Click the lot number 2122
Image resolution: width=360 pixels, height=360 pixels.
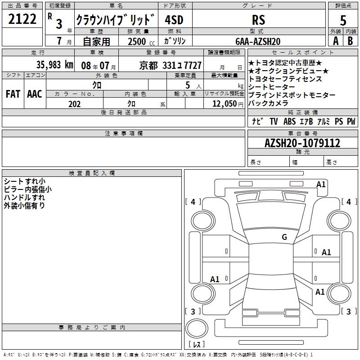22,19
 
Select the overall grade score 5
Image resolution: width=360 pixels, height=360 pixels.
343,20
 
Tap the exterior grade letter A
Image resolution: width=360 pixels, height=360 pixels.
336,41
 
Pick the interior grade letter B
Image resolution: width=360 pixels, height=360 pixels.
350,41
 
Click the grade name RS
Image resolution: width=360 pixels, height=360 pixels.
258,20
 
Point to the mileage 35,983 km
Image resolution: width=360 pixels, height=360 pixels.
55,65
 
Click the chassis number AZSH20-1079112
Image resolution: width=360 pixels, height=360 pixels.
302,143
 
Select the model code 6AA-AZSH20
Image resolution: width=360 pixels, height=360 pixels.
258,41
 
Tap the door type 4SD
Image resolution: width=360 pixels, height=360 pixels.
174,20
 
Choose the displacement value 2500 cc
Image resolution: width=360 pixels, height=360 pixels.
141,41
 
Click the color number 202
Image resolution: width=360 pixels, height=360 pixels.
74,104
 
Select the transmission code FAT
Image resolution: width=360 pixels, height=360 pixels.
13,94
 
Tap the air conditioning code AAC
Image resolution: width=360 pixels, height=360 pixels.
35,94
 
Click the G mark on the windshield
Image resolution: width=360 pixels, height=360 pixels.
284,237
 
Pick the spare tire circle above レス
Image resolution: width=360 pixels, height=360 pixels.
197,328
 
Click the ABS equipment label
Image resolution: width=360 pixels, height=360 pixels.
289,121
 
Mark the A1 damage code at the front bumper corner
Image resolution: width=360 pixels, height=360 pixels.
321,184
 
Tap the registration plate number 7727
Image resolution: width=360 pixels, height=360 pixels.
193,65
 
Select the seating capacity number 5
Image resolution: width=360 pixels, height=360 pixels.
188,85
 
